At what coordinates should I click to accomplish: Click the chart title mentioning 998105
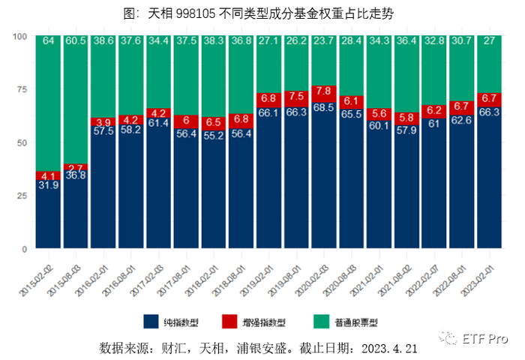pyautogui.click(x=258, y=13)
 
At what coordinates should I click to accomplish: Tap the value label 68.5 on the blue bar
pyautogui.click(x=324, y=107)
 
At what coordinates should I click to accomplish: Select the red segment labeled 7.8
pyautogui.click(x=324, y=94)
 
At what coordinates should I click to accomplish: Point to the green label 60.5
pyautogui.click(x=76, y=40)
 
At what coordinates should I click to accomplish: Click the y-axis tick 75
pyautogui.click(x=22, y=89)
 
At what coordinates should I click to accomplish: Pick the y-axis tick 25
pyautogui.click(x=22, y=196)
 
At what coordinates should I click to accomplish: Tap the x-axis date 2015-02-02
pyautogui.click(x=37, y=280)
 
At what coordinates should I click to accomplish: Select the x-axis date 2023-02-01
pyautogui.click(x=478, y=280)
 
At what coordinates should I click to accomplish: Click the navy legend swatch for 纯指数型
pyautogui.click(x=151, y=322)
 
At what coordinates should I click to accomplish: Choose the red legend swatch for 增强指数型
pyautogui.click(x=229, y=322)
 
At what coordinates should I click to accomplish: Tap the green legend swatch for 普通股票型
pyautogui.click(x=321, y=322)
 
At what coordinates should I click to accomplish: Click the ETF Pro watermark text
pyautogui.click(x=485, y=338)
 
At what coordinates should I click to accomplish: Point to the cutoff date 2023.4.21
pyautogui.click(x=389, y=349)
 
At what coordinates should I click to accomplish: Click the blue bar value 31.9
pyautogui.click(x=49, y=184)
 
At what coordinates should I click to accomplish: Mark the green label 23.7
pyautogui.click(x=324, y=40)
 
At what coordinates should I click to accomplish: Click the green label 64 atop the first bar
pyautogui.click(x=49, y=40)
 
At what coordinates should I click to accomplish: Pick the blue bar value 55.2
pyautogui.click(x=214, y=135)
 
